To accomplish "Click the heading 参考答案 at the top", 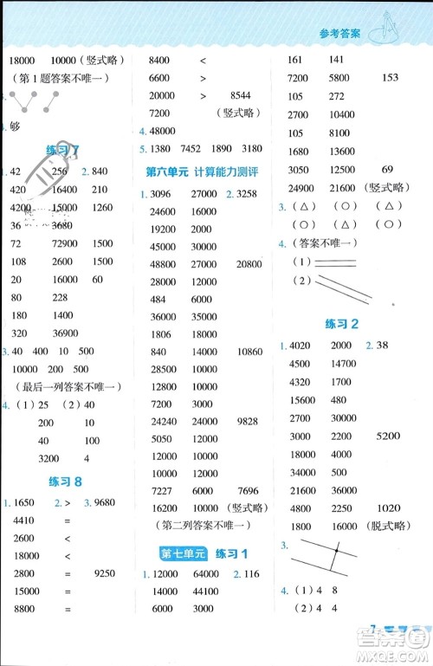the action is [x=336, y=35].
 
